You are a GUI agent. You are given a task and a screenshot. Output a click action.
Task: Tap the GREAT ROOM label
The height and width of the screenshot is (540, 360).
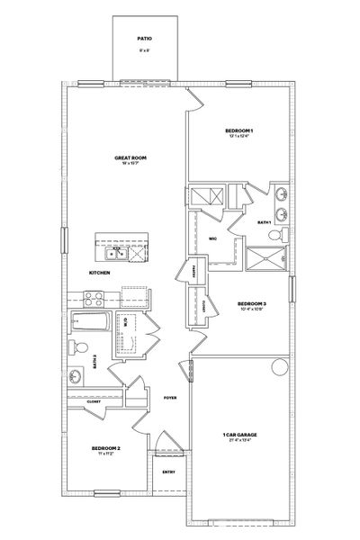[130, 157]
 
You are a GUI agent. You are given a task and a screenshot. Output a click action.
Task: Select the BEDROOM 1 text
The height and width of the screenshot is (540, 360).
[238, 130]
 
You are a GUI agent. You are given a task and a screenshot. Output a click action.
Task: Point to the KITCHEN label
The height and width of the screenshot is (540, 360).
[99, 273]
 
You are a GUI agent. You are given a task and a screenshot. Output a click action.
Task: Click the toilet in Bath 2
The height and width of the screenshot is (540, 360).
[79, 347]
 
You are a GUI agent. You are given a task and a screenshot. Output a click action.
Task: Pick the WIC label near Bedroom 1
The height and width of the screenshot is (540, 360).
[213, 239]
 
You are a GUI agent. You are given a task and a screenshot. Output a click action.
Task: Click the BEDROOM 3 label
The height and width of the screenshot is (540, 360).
[252, 304]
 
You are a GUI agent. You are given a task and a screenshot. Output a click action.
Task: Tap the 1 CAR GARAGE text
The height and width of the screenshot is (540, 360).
[240, 435]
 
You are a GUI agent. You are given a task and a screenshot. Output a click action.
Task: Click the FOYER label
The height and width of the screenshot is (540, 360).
[169, 397]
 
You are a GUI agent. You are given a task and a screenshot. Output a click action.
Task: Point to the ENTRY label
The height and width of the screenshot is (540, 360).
[168, 472]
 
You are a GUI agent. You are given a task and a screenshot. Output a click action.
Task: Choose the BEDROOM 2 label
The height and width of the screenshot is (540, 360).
[106, 447]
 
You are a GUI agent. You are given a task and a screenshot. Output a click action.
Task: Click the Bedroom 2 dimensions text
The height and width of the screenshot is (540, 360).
[106, 454]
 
